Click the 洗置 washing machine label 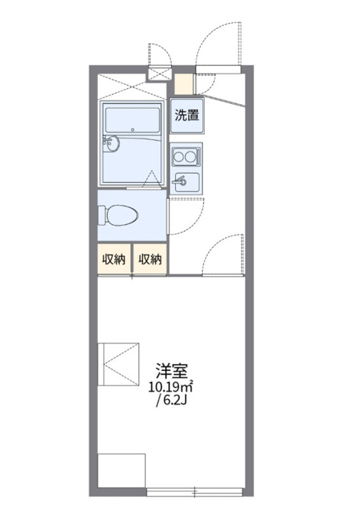186,115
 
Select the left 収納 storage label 114,259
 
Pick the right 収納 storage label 150,259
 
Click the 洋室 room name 172,371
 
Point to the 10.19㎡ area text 170,388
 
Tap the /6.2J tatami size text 172,401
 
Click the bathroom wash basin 112,143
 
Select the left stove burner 180,157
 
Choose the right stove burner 190,157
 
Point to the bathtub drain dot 132,130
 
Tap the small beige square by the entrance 183,84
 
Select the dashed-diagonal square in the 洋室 118,364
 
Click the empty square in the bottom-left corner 122,470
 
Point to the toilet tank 102,216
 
